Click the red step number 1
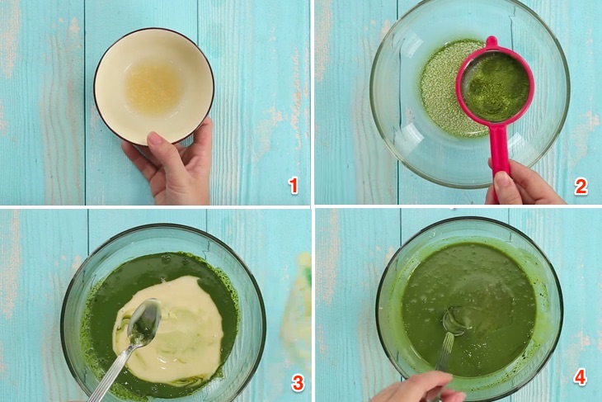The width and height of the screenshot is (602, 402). (x=294, y=186)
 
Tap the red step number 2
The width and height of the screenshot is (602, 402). (x=581, y=187)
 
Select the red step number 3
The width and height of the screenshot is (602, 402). (x=298, y=383)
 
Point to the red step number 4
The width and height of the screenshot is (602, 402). (x=580, y=378)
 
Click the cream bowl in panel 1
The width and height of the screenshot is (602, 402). (x=154, y=86)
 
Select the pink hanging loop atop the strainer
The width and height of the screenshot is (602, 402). (x=491, y=45)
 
